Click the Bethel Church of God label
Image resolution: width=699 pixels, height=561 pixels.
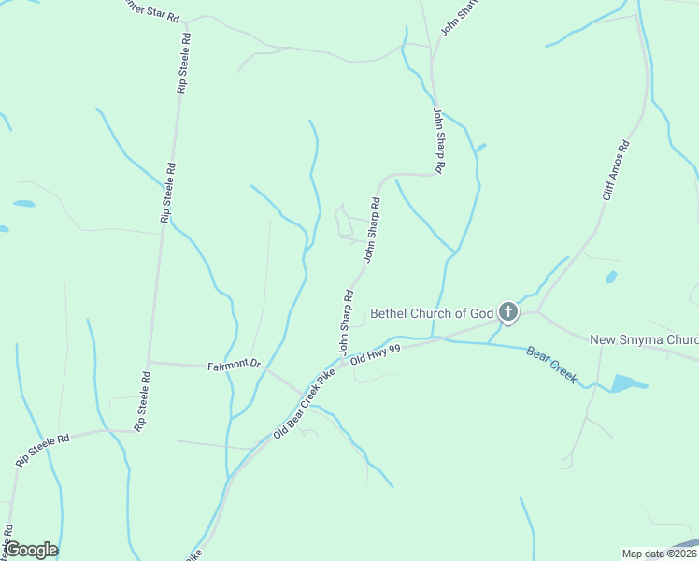tap(431, 313)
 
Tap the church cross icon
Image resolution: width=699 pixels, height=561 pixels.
tap(507, 311)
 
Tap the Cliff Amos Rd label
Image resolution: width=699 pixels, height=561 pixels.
tap(616, 170)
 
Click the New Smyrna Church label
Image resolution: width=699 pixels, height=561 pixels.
tap(645, 339)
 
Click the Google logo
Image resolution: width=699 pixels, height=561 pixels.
tap(31, 550)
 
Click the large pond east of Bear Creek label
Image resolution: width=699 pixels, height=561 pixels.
tap(625, 382)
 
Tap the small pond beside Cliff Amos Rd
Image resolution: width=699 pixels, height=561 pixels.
tap(611, 277)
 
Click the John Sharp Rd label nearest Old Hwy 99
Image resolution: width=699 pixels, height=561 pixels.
tap(345, 324)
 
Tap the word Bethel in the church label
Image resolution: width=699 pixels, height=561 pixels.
tap(390, 313)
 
